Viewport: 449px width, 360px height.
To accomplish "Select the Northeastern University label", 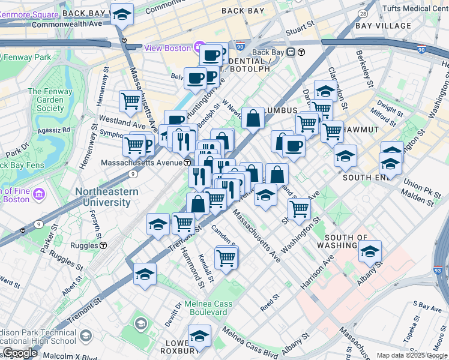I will click(x=106, y=197).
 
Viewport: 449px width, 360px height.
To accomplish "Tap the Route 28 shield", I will click(x=362, y=13).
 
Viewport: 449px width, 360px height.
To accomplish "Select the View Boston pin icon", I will click(x=199, y=47).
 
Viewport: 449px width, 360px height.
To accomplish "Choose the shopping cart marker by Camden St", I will click(x=226, y=257).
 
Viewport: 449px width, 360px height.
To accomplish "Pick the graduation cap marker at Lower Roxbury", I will click(x=199, y=335).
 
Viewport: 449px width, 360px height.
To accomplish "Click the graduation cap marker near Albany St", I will click(x=370, y=251).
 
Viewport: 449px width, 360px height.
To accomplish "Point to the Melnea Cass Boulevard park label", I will click(x=208, y=307).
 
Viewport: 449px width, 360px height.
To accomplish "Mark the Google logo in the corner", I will click(x=20, y=353).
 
